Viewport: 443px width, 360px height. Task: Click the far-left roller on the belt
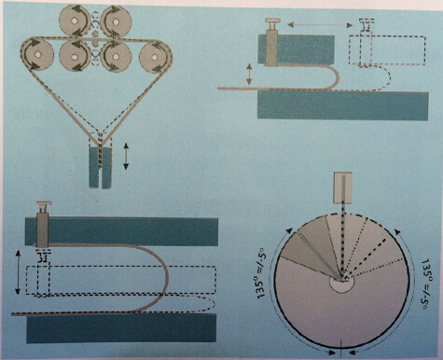click(x=37, y=54)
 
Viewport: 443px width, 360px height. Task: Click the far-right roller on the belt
click(x=155, y=56)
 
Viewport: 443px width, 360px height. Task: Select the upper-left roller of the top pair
click(x=74, y=21)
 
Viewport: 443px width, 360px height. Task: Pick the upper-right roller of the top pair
click(x=116, y=21)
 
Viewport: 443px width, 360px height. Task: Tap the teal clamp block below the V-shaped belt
click(x=100, y=167)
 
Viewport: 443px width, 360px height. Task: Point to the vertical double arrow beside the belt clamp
click(x=126, y=156)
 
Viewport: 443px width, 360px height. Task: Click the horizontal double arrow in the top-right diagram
click(x=320, y=24)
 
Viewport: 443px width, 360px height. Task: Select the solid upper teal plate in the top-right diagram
click(x=297, y=49)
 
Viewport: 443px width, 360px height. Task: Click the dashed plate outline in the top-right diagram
click(x=387, y=50)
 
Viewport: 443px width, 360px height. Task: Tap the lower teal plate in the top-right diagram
click(x=343, y=105)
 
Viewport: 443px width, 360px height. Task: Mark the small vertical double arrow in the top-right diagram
click(x=249, y=75)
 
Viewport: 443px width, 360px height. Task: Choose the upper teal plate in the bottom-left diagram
click(x=121, y=230)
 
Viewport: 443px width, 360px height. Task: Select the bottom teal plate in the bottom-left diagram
click(x=121, y=327)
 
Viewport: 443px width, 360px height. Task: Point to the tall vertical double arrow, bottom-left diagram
click(x=18, y=272)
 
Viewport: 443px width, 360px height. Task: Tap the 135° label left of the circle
click(x=262, y=274)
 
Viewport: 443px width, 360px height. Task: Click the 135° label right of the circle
click(x=425, y=284)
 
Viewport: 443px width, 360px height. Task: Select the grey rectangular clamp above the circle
click(x=342, y=187)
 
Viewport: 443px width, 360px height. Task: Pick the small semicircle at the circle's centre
click(x=341, y=284)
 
